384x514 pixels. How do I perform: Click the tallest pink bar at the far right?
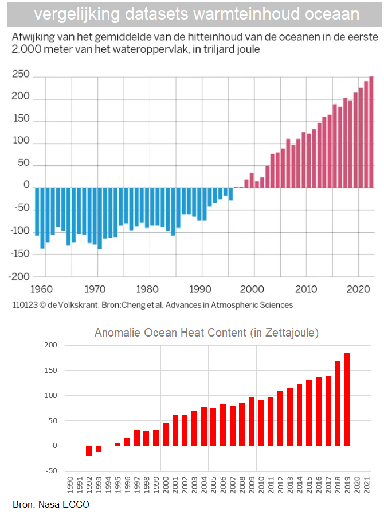click(x=371, y=132)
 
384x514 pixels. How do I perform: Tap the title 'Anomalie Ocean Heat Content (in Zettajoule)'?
click(x=206, y=333)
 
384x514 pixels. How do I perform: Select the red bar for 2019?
click(x=347, y=399)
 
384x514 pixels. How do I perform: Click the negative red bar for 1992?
click(x=89, y=451)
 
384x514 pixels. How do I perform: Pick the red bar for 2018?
click(x=338, y=403)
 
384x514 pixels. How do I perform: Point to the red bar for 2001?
click(x=175, y=430)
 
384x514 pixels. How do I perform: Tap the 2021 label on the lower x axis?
click(x=366, y=484)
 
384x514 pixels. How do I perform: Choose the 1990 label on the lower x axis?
click(x=69, y=484)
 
